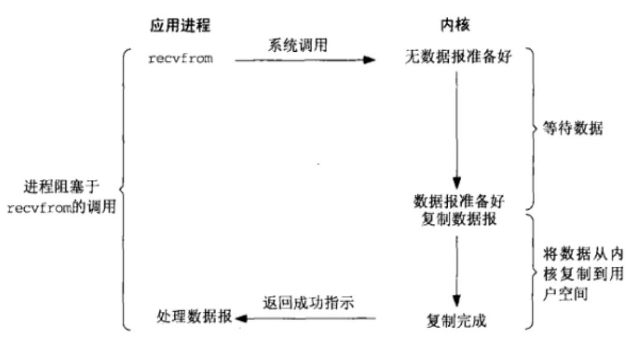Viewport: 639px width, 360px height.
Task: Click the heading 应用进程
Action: [180, 25]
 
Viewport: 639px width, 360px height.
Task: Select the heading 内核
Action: [455, 25]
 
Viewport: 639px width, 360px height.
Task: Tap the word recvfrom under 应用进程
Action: [181, 59]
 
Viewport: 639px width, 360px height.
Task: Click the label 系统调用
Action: [297, 45]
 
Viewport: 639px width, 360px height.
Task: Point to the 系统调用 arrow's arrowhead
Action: [369, 60]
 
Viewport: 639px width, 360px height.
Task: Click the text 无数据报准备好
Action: [458, 57]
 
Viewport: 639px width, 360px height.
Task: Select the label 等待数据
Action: [573, 128]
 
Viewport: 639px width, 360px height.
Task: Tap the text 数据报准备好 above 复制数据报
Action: [459, 201]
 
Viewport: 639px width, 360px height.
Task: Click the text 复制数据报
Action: [459, 219]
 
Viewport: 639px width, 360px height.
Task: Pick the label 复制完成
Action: [457, 321]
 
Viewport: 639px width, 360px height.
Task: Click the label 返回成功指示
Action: [308, 303]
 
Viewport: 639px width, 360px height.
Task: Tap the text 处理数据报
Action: [194, 317]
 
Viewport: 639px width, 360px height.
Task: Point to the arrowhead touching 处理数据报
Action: [241, 318]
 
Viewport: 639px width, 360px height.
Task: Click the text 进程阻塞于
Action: [61, 187]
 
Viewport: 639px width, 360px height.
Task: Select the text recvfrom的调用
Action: [61, 207]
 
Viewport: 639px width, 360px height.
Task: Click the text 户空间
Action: [565, 294]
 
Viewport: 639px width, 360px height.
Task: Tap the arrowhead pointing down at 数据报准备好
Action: [457, 183]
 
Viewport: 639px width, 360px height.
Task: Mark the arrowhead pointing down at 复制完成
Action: [457, 301]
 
